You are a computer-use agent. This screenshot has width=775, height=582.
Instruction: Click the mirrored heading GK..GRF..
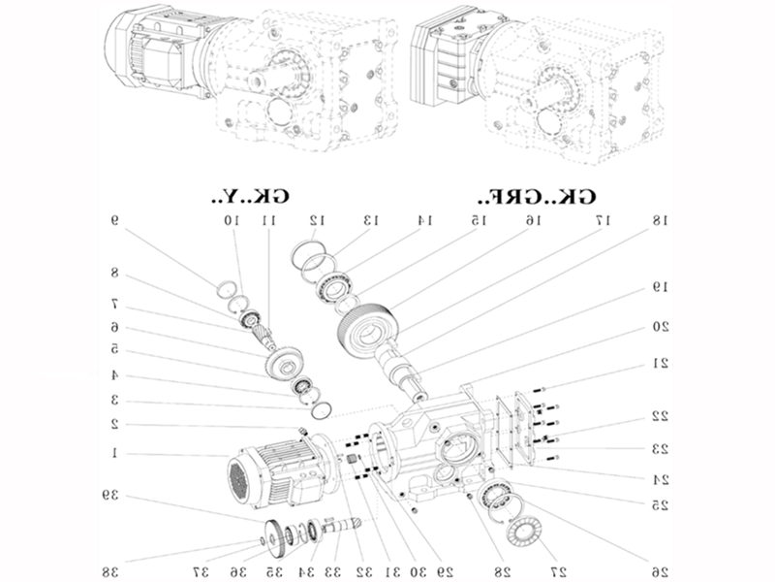point(538,196)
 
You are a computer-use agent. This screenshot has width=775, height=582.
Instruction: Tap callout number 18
point(660,222)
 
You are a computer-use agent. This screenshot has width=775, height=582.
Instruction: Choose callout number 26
point(660,569)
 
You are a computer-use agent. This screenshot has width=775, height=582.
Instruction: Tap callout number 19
point(660,287)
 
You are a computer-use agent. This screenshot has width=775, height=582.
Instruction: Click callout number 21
point(660,364)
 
